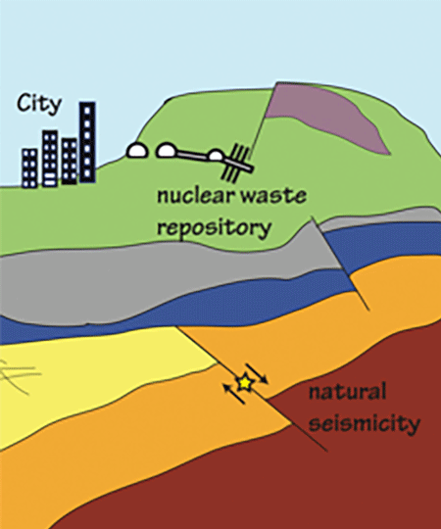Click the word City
coord(39,104)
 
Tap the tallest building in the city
coord(87,142)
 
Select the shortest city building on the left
coord(29,168)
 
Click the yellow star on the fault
coord(245,383)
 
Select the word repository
coord(215,228)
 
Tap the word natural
coord(347,392)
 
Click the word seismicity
coord(364,423)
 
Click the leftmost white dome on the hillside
coord(137,150)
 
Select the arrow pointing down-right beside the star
coord(257,373)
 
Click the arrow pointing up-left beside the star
coord(233,394)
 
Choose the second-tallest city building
coord(50,158)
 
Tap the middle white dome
coord(166,151)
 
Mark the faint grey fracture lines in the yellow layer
coord(19,375)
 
